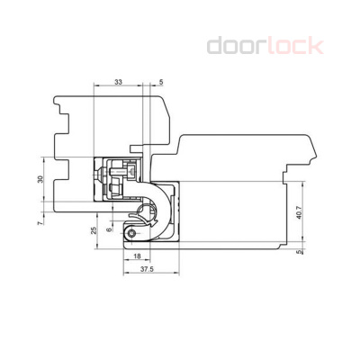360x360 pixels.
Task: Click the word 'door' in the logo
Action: [x=236, y=45]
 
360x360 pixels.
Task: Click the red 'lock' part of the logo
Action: [x=292, y=45]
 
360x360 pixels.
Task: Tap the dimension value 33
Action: [x=120, y=82]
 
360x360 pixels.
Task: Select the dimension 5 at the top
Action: [x=161, y=82]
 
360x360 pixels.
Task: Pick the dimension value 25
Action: [x=94, y=231]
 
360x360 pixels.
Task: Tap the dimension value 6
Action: [x=110, y=230]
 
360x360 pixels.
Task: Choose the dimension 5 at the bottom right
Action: [x=300, y=253]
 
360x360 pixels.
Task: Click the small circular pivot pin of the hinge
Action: [x=132, y=234]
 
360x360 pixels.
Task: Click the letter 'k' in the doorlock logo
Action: [x=315, y=45]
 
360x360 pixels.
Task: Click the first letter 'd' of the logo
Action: [x=215, y=45]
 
